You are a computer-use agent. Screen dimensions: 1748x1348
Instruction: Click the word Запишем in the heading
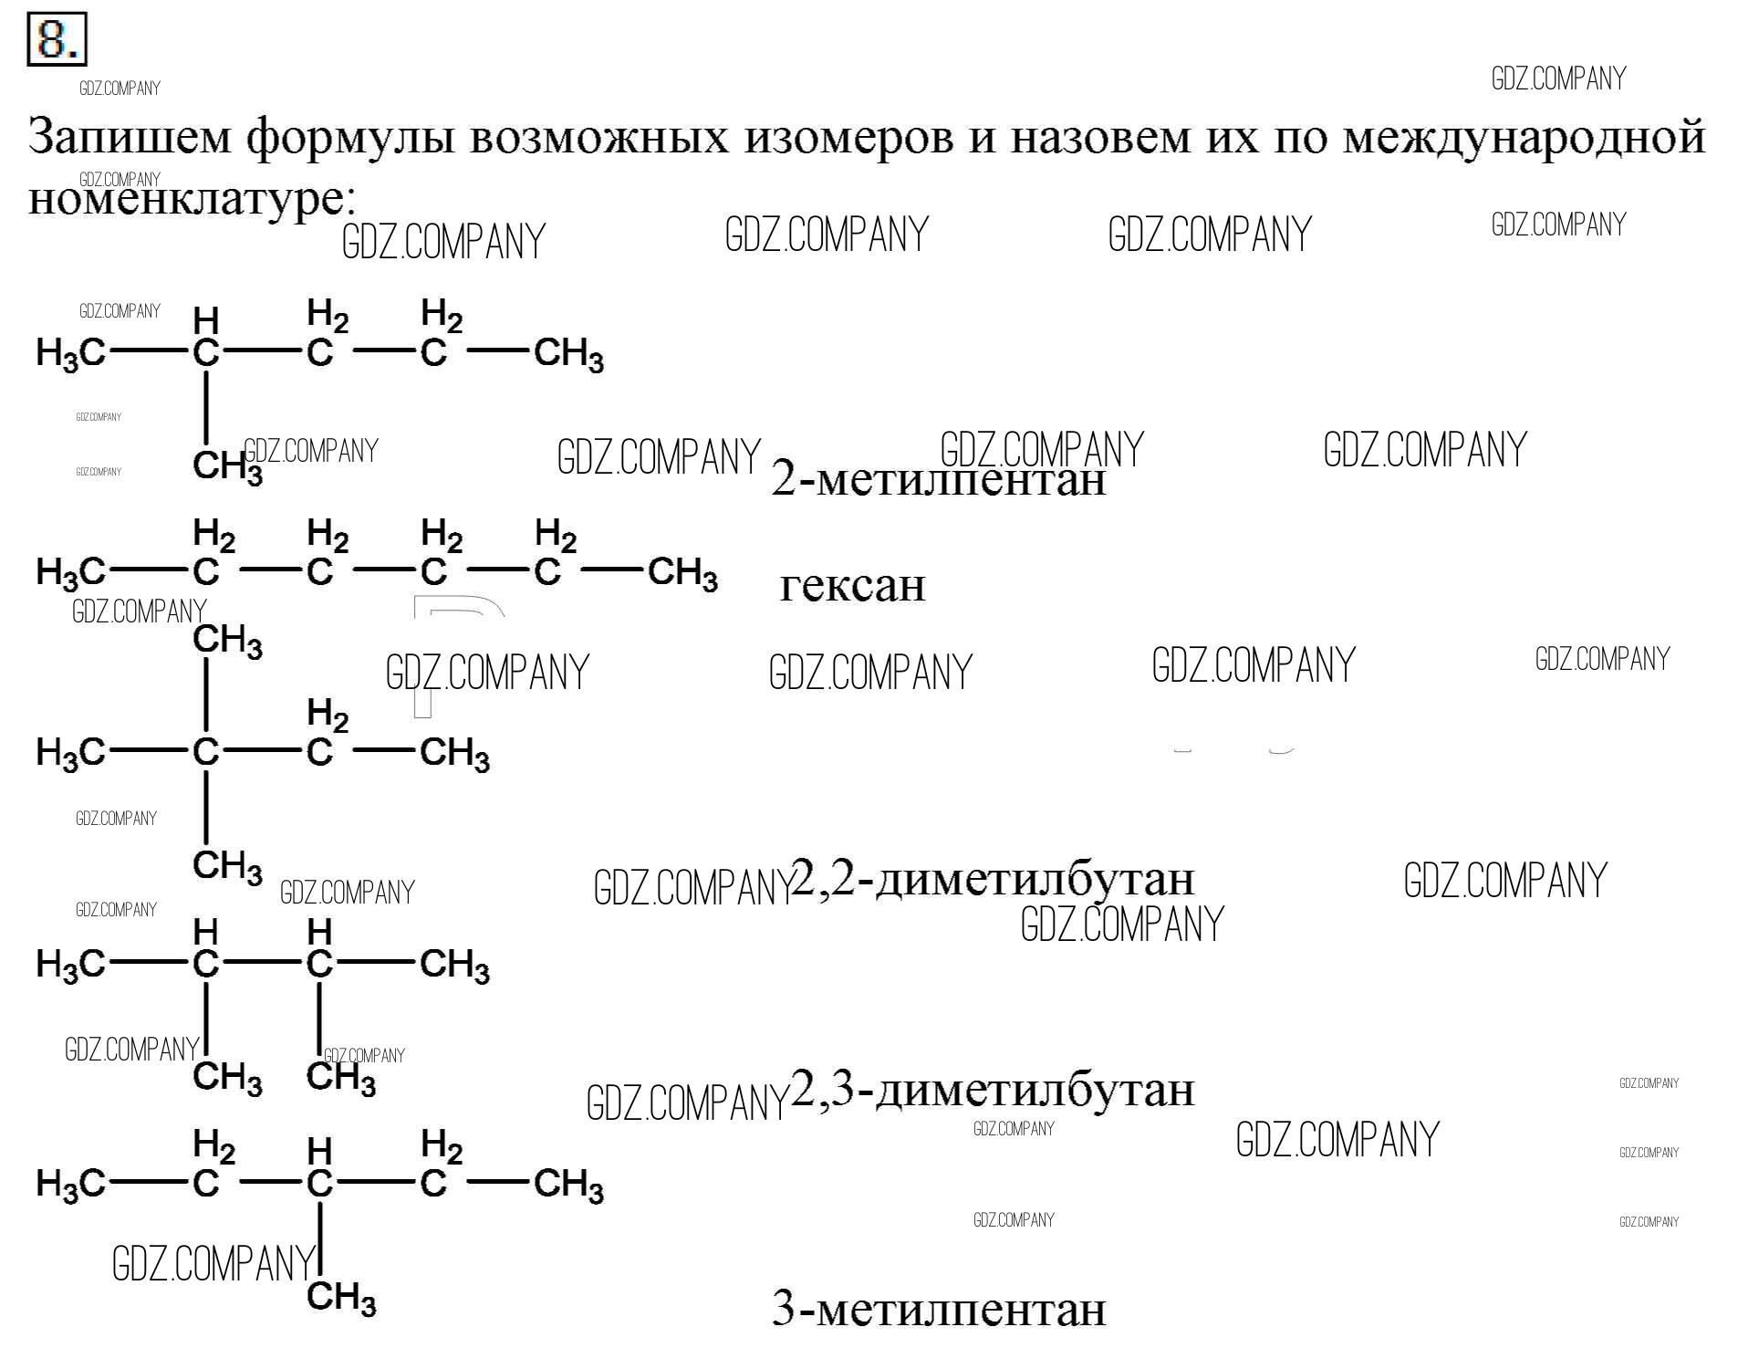[x=130, y=137]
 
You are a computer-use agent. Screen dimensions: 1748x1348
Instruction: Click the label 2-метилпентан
[x=938, y=477]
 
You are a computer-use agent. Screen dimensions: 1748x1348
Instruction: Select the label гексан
[x=852, y=585]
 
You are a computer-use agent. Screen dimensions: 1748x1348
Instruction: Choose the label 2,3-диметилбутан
[x=993, y=1090]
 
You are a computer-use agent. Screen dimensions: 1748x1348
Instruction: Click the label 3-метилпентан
[x=938, y=1309]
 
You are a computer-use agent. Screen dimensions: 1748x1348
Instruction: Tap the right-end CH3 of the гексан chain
[x=682, y=574]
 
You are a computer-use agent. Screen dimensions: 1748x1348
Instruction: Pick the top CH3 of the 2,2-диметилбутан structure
[x=228, y=642]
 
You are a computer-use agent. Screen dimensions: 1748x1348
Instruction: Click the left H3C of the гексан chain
[x=70, y=574]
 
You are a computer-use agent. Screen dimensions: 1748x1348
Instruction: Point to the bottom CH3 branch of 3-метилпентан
[x=341, y=1298]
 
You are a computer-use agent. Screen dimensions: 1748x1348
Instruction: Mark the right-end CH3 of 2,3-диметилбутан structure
[x=454, y=966]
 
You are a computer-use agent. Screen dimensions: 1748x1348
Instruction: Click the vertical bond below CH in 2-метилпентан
[x=206, y=408]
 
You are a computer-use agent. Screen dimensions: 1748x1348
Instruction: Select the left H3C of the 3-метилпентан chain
[x=70, y=1186]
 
